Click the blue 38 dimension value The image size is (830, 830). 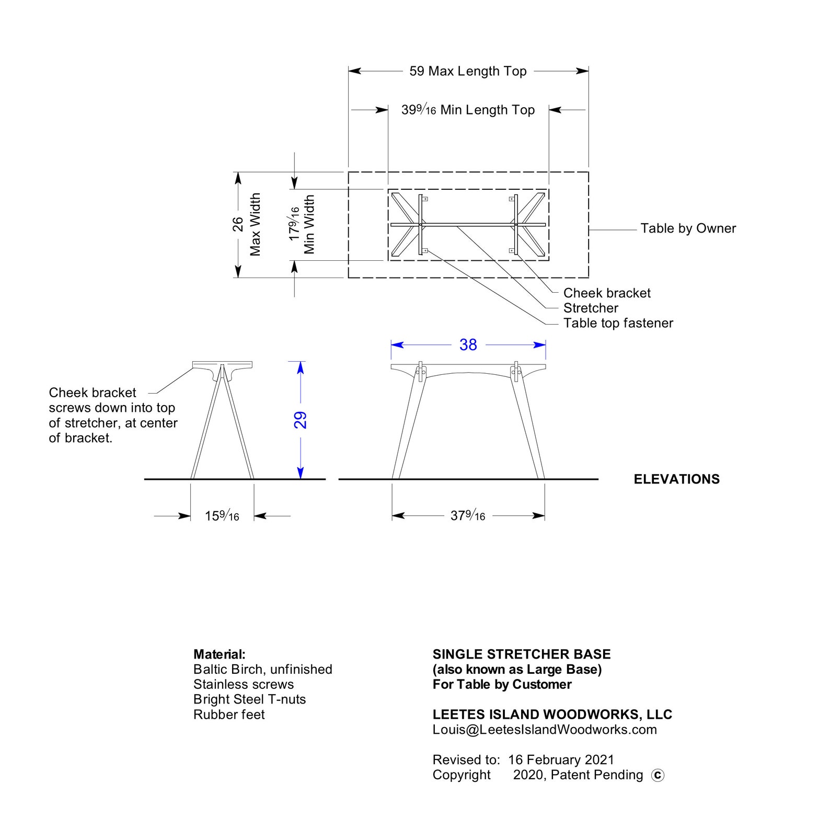(468, 345)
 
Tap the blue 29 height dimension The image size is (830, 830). (300, 420)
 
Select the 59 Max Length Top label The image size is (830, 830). (468, 71)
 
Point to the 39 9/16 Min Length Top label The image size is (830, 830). (468, 110)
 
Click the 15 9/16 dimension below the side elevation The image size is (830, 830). (222, 516)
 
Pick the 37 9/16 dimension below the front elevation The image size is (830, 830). (468, 515)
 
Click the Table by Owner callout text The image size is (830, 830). (688, 228)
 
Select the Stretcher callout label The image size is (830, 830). (591, 308)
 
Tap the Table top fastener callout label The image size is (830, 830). (618, 324)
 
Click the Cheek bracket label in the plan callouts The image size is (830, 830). (607, 293)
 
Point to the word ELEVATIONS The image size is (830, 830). (676, 479)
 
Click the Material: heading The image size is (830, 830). (220, 654)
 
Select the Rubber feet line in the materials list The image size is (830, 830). (229, 714)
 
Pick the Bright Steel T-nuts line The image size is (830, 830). (249, 699)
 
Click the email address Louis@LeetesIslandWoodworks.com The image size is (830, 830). (545, 730)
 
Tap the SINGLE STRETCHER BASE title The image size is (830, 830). (522, 654)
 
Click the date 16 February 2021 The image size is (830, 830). (561, 760)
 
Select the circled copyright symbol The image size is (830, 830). (658, 776)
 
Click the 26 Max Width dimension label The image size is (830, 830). (246, 225)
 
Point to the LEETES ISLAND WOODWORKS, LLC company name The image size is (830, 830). (552, 714)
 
